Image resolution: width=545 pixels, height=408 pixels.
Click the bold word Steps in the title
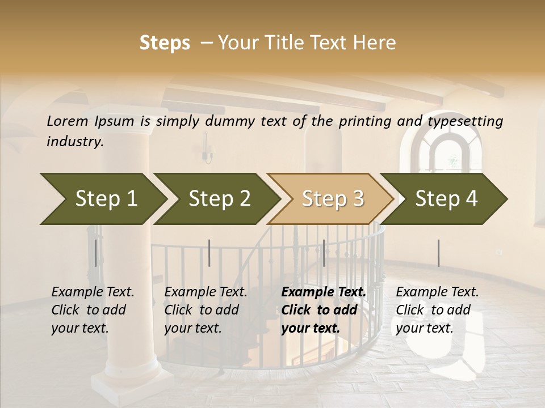click(x=165, y=43)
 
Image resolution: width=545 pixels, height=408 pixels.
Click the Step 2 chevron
click(x=219, y=199)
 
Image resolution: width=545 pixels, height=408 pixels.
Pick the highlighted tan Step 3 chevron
click(x=332, y=199)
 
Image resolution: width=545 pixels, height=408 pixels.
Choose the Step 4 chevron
click(x=446, y=199)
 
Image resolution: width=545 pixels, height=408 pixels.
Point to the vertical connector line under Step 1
click(x=95, y=253)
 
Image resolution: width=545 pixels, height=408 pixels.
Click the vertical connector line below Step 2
click(x=209, y=253)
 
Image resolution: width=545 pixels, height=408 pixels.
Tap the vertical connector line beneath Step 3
click(x=324, y=253)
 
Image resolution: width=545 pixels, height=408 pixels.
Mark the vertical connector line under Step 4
click(x=438, y=253)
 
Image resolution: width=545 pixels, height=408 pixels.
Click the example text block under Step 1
click(x=93, y=310)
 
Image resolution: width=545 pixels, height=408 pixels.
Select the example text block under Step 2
click(x=206, y=310)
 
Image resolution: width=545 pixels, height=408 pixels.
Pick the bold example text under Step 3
click(x=324, y=310)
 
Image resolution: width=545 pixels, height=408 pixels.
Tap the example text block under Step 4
click(x=437, y=310)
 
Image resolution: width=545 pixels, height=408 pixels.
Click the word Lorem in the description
click(x=67, y=121)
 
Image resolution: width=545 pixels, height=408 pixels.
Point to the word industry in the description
click(x=75, y=142)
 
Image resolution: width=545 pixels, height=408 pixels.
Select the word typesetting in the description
click(x=465, y=121)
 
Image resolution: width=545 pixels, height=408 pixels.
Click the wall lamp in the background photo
click(x=208, y=151)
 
